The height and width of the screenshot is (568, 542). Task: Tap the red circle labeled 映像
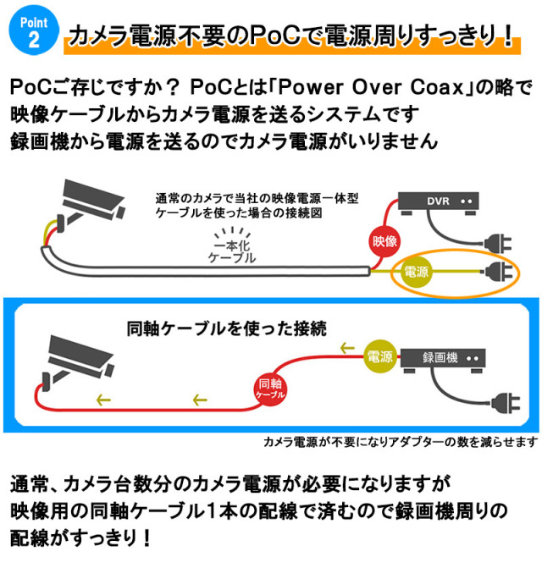click(x=385, y=241)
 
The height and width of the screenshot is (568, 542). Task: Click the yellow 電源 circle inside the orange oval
click(x=418, y=273)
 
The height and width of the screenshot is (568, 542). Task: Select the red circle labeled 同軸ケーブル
click(x=270, y=390)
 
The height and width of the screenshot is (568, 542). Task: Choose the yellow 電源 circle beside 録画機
click(x=379, y=355)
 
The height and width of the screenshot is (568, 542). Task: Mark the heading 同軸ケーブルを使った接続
click(x=226, y=326)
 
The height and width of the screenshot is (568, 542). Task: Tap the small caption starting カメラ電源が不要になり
click(x=400, y=441)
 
